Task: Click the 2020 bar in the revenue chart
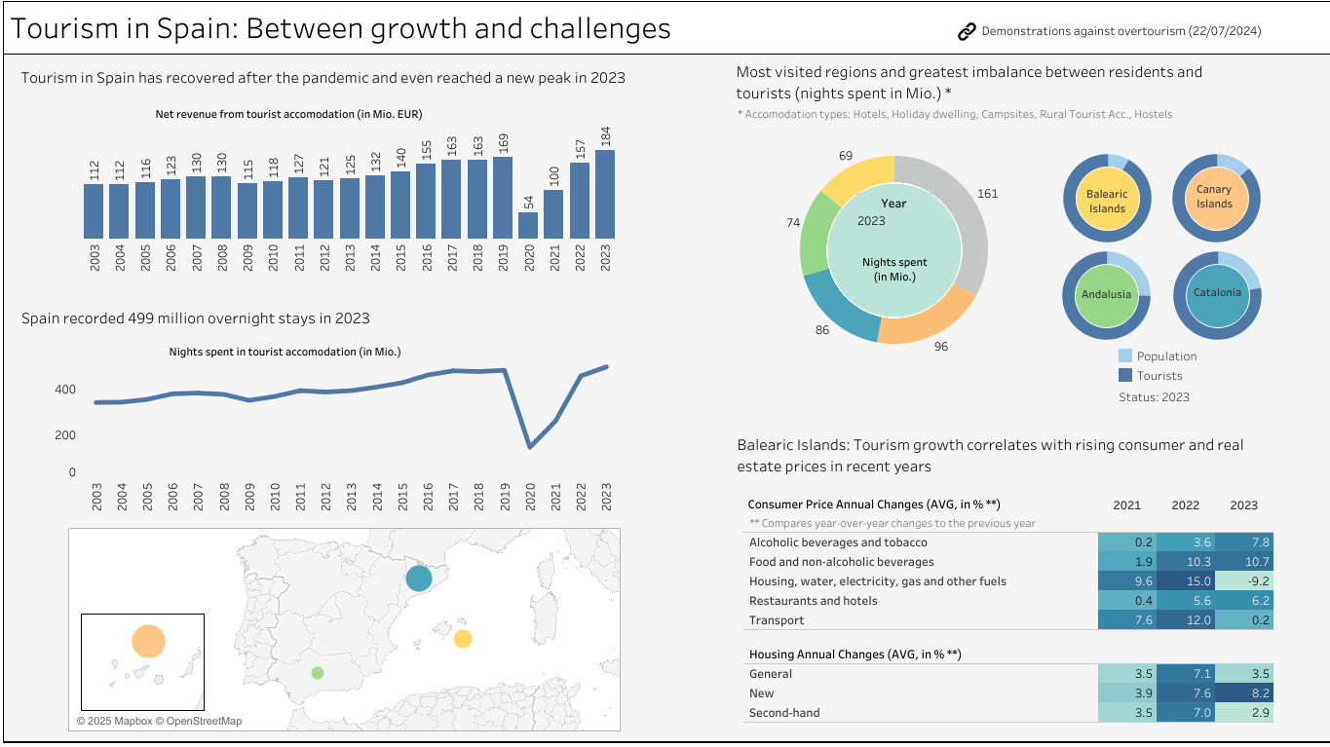point(528,225)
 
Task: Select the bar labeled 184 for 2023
point(605,194)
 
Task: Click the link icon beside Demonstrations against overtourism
point(967,32)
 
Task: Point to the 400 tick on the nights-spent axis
point(65,390)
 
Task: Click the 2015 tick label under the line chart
point(401,497)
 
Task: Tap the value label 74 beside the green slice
point(793,223)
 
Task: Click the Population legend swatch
point(1125,356)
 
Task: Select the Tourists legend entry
point(1159,376)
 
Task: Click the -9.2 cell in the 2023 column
point(1243,581)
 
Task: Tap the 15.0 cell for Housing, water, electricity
point(1185,581)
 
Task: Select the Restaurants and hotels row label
point(813,601)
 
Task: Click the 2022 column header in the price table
point(1185,505)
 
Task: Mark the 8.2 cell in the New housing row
point(1243,693)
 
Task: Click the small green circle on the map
point(318,673)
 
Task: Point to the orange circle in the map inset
point(148,642)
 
